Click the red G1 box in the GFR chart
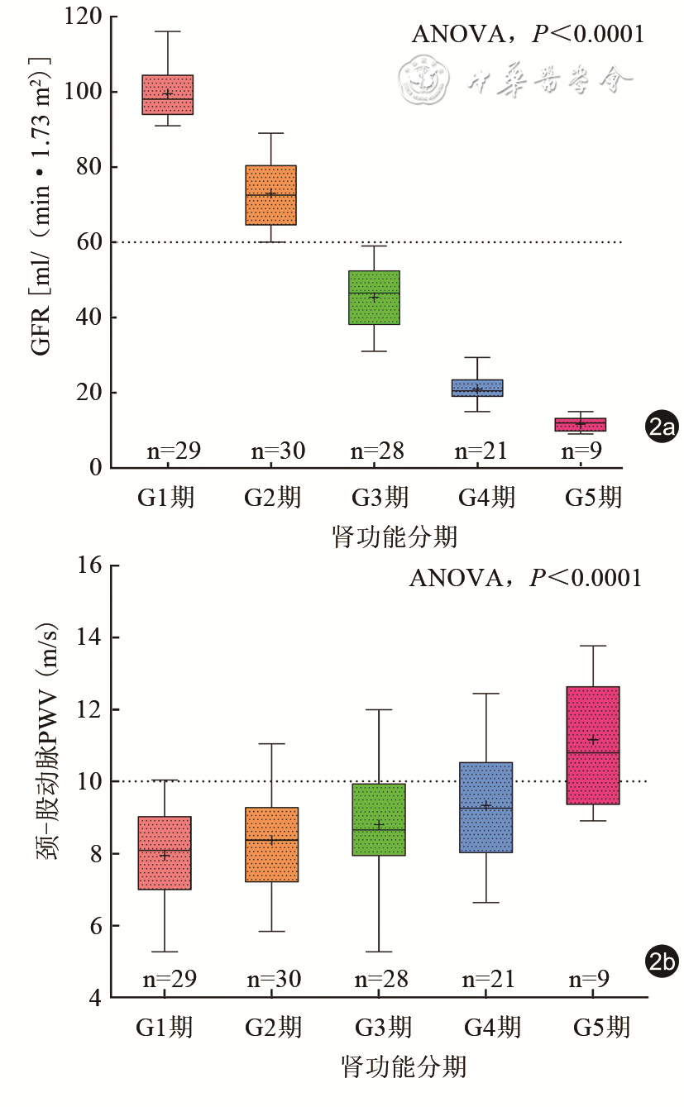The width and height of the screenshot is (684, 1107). (168, 94)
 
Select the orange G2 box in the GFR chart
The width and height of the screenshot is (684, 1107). (271, 195)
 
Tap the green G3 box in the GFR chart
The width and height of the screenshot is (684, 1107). (374, 298)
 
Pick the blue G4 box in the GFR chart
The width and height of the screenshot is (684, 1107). (477, 388)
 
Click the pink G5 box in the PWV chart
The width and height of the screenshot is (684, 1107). (593, 745)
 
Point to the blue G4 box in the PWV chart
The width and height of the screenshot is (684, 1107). (486, 807)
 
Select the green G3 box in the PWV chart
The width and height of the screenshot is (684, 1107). (379, 819)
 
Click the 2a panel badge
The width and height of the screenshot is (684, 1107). (662, 427)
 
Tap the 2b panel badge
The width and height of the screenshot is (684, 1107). (662, 961)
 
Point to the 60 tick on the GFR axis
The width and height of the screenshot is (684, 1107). (90, 242)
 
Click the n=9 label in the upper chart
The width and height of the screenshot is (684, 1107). (581, 451)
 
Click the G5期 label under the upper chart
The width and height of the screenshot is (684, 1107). (592, 498)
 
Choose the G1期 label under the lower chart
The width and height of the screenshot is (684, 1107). (165, 1027)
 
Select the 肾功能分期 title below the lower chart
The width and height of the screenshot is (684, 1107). (404, 1066)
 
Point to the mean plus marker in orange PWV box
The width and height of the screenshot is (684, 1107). (271, 840)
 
